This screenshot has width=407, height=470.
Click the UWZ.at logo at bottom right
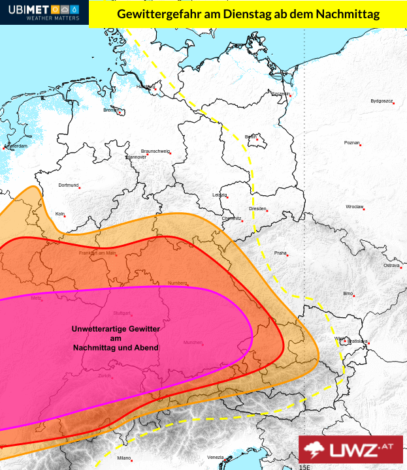coord(351,450)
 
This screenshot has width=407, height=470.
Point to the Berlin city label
coord(250,136)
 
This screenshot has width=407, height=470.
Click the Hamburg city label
coord(145,87)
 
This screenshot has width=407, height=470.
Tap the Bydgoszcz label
coord(381,101)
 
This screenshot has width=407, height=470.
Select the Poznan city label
coord(351,142)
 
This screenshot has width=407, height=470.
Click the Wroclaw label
coord(354,206)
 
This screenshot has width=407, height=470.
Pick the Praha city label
coord(280,253)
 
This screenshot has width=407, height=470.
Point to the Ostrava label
coord(391,266)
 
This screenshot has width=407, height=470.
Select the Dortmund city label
coord(68,185)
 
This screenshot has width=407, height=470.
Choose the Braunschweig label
coord(155,151)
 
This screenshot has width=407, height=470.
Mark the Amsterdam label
coord(16,146)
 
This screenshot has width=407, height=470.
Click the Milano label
coord(124,458)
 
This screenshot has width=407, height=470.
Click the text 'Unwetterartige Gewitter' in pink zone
coord(115,329)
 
